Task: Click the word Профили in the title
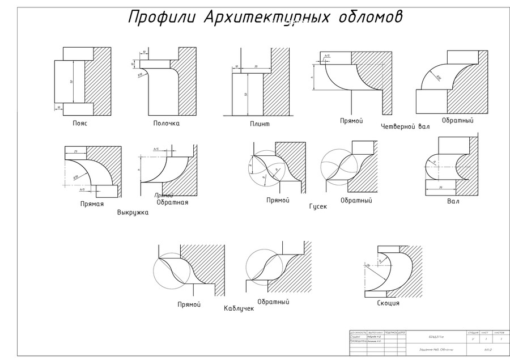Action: pyautogui.click(x=161, y=17)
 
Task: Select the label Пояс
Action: pyautogui.click(x=80, y=122)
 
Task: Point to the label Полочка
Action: pyautogui.click(x=166, y=123)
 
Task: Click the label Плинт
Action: pyautogui.click(x=260, y=124)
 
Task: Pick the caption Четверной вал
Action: pyautogui.click(x=406, y=126)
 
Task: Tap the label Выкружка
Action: pyautogui.click(x=133, y=213)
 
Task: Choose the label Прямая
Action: pyautogui.click(x=92, y=204)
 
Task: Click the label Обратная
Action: pyautogui.click(x=172, y=202)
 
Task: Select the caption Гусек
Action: pyautogui.click(x=318, y=206)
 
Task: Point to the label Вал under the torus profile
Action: pyautogui.click(x=453, y=201)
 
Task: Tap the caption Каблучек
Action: pyautogui.click(x=239, y=308)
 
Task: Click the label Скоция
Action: pyautogui.click(x=388, y=303)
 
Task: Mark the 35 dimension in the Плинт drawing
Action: pyautogui.click(x=257, y=67)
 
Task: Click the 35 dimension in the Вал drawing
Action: pyautogui.click(x=441, y=187)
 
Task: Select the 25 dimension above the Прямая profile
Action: pyautogui.click(x=76, y=151)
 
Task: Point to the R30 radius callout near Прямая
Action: pyautogui.click(x=75, y=177)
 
